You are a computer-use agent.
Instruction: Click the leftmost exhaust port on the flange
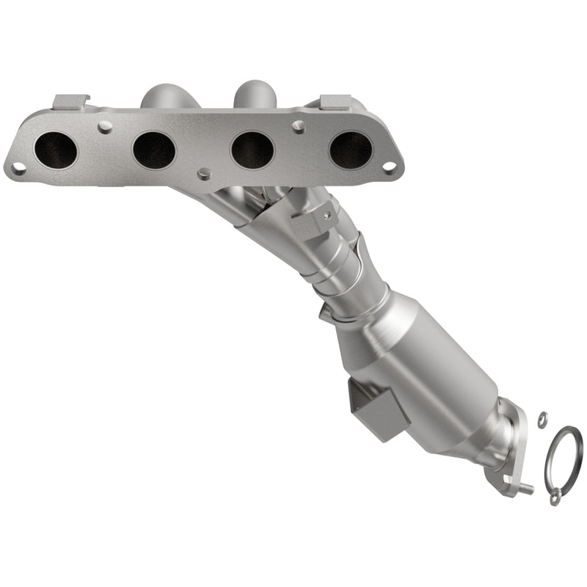click(x=56, y=150)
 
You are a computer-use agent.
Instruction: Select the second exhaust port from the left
click(x=154, y=150)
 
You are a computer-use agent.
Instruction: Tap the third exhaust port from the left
click(x=252, y=150)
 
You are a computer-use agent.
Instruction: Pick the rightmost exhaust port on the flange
click(x=351, y=150)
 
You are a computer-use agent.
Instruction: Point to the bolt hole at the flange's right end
click(x=390, y=168)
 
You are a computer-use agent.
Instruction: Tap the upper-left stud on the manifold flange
click(x=105, y=127)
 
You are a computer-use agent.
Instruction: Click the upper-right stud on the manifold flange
click(x=298, y=126)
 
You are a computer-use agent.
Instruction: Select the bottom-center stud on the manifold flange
click(x=204, y=173)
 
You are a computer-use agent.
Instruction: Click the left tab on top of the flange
click(x=72, y=101)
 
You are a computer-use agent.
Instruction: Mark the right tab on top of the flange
click(x=334, y=102)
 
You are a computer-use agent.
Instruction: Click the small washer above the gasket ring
click(x=542, y=418)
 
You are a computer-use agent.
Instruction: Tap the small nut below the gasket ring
click(x=555, y=499)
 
